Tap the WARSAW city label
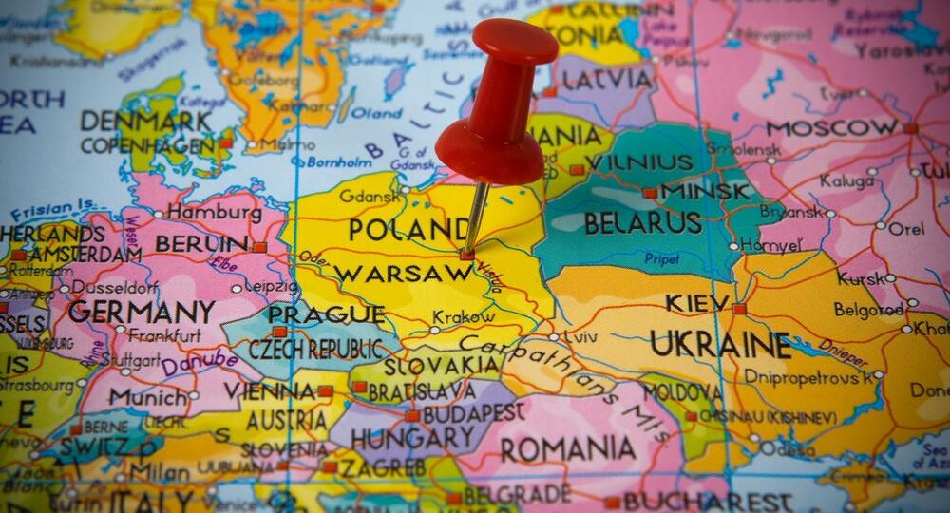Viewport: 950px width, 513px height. coord(404,274)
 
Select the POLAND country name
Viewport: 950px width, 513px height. coord(408,230)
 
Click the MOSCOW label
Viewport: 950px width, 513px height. coord(832,127)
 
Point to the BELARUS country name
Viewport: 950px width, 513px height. coord(643,223)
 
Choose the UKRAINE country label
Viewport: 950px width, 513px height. coord(720,344)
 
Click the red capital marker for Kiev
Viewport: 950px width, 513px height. coord(739,309)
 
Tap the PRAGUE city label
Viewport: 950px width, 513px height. coord(326,314)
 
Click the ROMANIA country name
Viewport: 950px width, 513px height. coord(569,448)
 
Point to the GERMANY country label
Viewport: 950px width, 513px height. coord(141,311)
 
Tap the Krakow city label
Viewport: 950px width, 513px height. coord(464,317)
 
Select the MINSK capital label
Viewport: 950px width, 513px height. coord(704,192)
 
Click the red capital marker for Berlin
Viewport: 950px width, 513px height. coord(259,247)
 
